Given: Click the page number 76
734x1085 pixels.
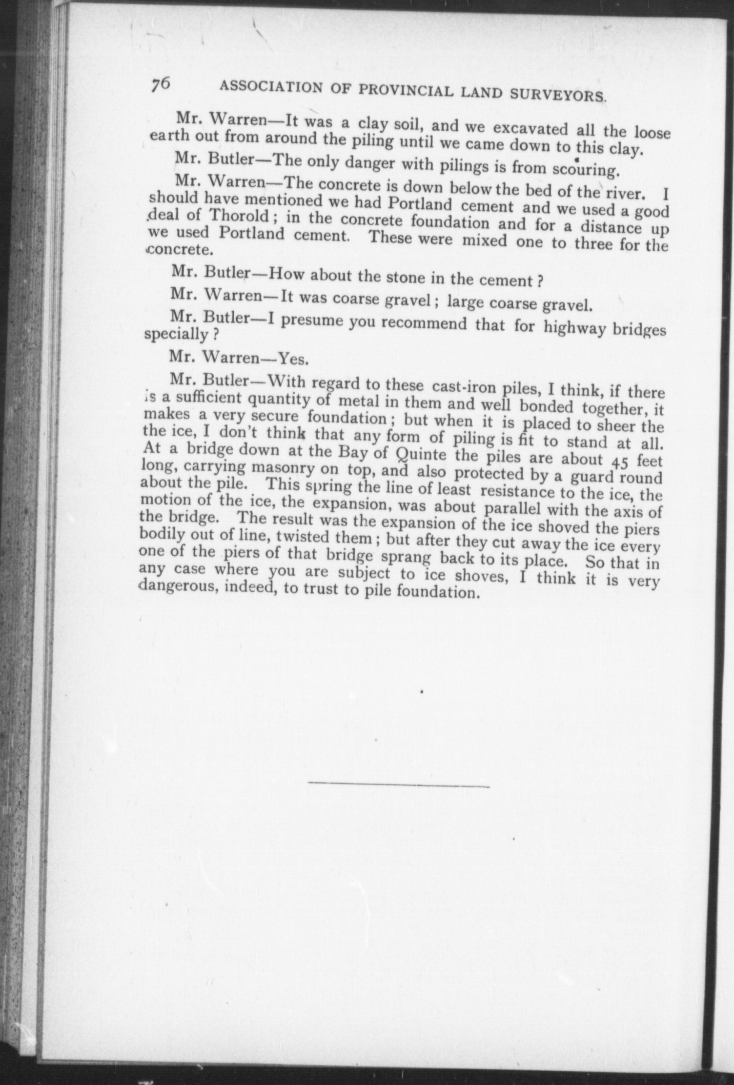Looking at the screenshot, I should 160,84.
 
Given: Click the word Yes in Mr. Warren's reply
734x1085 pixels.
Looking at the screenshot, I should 292,360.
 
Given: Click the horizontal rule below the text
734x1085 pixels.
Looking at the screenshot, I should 398,785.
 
